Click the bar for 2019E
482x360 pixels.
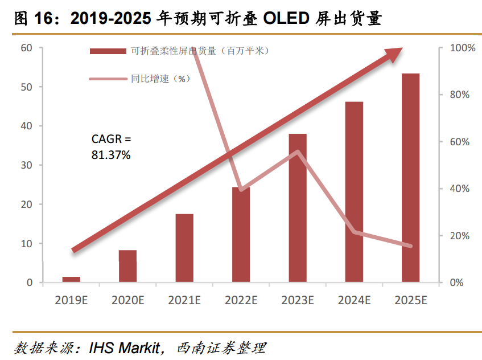pos(71,279)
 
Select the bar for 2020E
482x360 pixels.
pos(127,266)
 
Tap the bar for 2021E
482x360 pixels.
pos(184,248)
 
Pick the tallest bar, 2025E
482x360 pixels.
pos(410,178)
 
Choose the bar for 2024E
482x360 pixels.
pos(354,192)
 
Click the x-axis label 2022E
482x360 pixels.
pos(241,300)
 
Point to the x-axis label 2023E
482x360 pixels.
pos(298,300)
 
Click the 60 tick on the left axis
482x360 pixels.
pos(26,48)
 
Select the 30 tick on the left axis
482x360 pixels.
pos(26,165)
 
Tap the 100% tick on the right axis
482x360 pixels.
pos(462,48)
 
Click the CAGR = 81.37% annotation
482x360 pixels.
pos(111,146)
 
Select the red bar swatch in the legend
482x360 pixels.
pos(108,51)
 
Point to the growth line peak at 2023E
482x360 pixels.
pos(298,152)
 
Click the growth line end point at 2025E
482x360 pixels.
pos(410,246)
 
